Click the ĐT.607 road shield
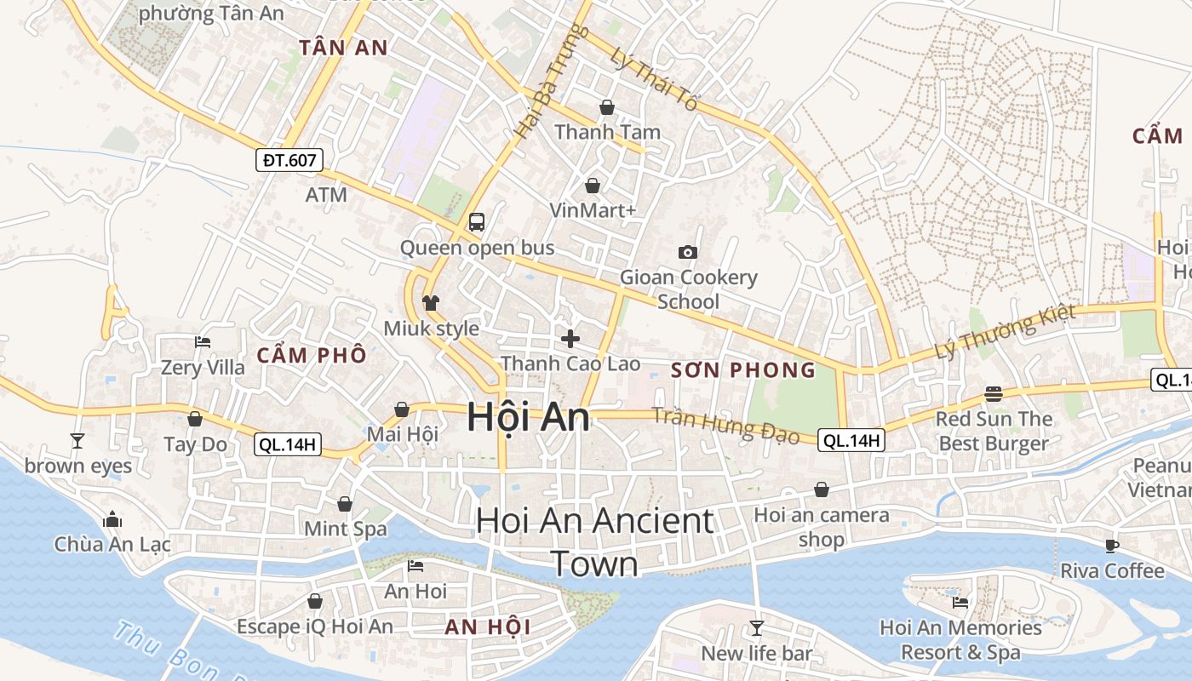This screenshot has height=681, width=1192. point(289,159)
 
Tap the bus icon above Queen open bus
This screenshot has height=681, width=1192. point(476,222)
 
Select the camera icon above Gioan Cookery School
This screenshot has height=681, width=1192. point(688,252)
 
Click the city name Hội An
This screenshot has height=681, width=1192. point(528,418)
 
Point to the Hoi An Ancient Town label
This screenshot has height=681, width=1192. point(594,541)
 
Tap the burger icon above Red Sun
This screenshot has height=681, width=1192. point(994,394)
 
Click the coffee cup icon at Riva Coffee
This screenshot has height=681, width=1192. point(1111,546)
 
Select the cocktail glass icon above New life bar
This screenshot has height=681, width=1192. point(756,628)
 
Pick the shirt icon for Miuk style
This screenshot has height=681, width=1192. point(431,302)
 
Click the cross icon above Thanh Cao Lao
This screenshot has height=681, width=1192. point(570,339)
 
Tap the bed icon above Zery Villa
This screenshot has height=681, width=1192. point(203,342)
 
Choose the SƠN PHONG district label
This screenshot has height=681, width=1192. point(743,369)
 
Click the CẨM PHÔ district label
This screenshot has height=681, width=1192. point(312,355)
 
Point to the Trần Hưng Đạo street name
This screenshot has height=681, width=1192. point(725,425)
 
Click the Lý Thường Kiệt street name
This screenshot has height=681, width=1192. point(1005,331)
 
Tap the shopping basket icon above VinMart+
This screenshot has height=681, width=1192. point(593,185)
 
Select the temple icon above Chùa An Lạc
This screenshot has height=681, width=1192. point(112,519)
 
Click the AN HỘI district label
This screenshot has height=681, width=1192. point(488,627)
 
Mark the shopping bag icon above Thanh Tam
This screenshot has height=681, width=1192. point(607,107)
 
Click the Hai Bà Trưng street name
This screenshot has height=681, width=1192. point(553,82)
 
